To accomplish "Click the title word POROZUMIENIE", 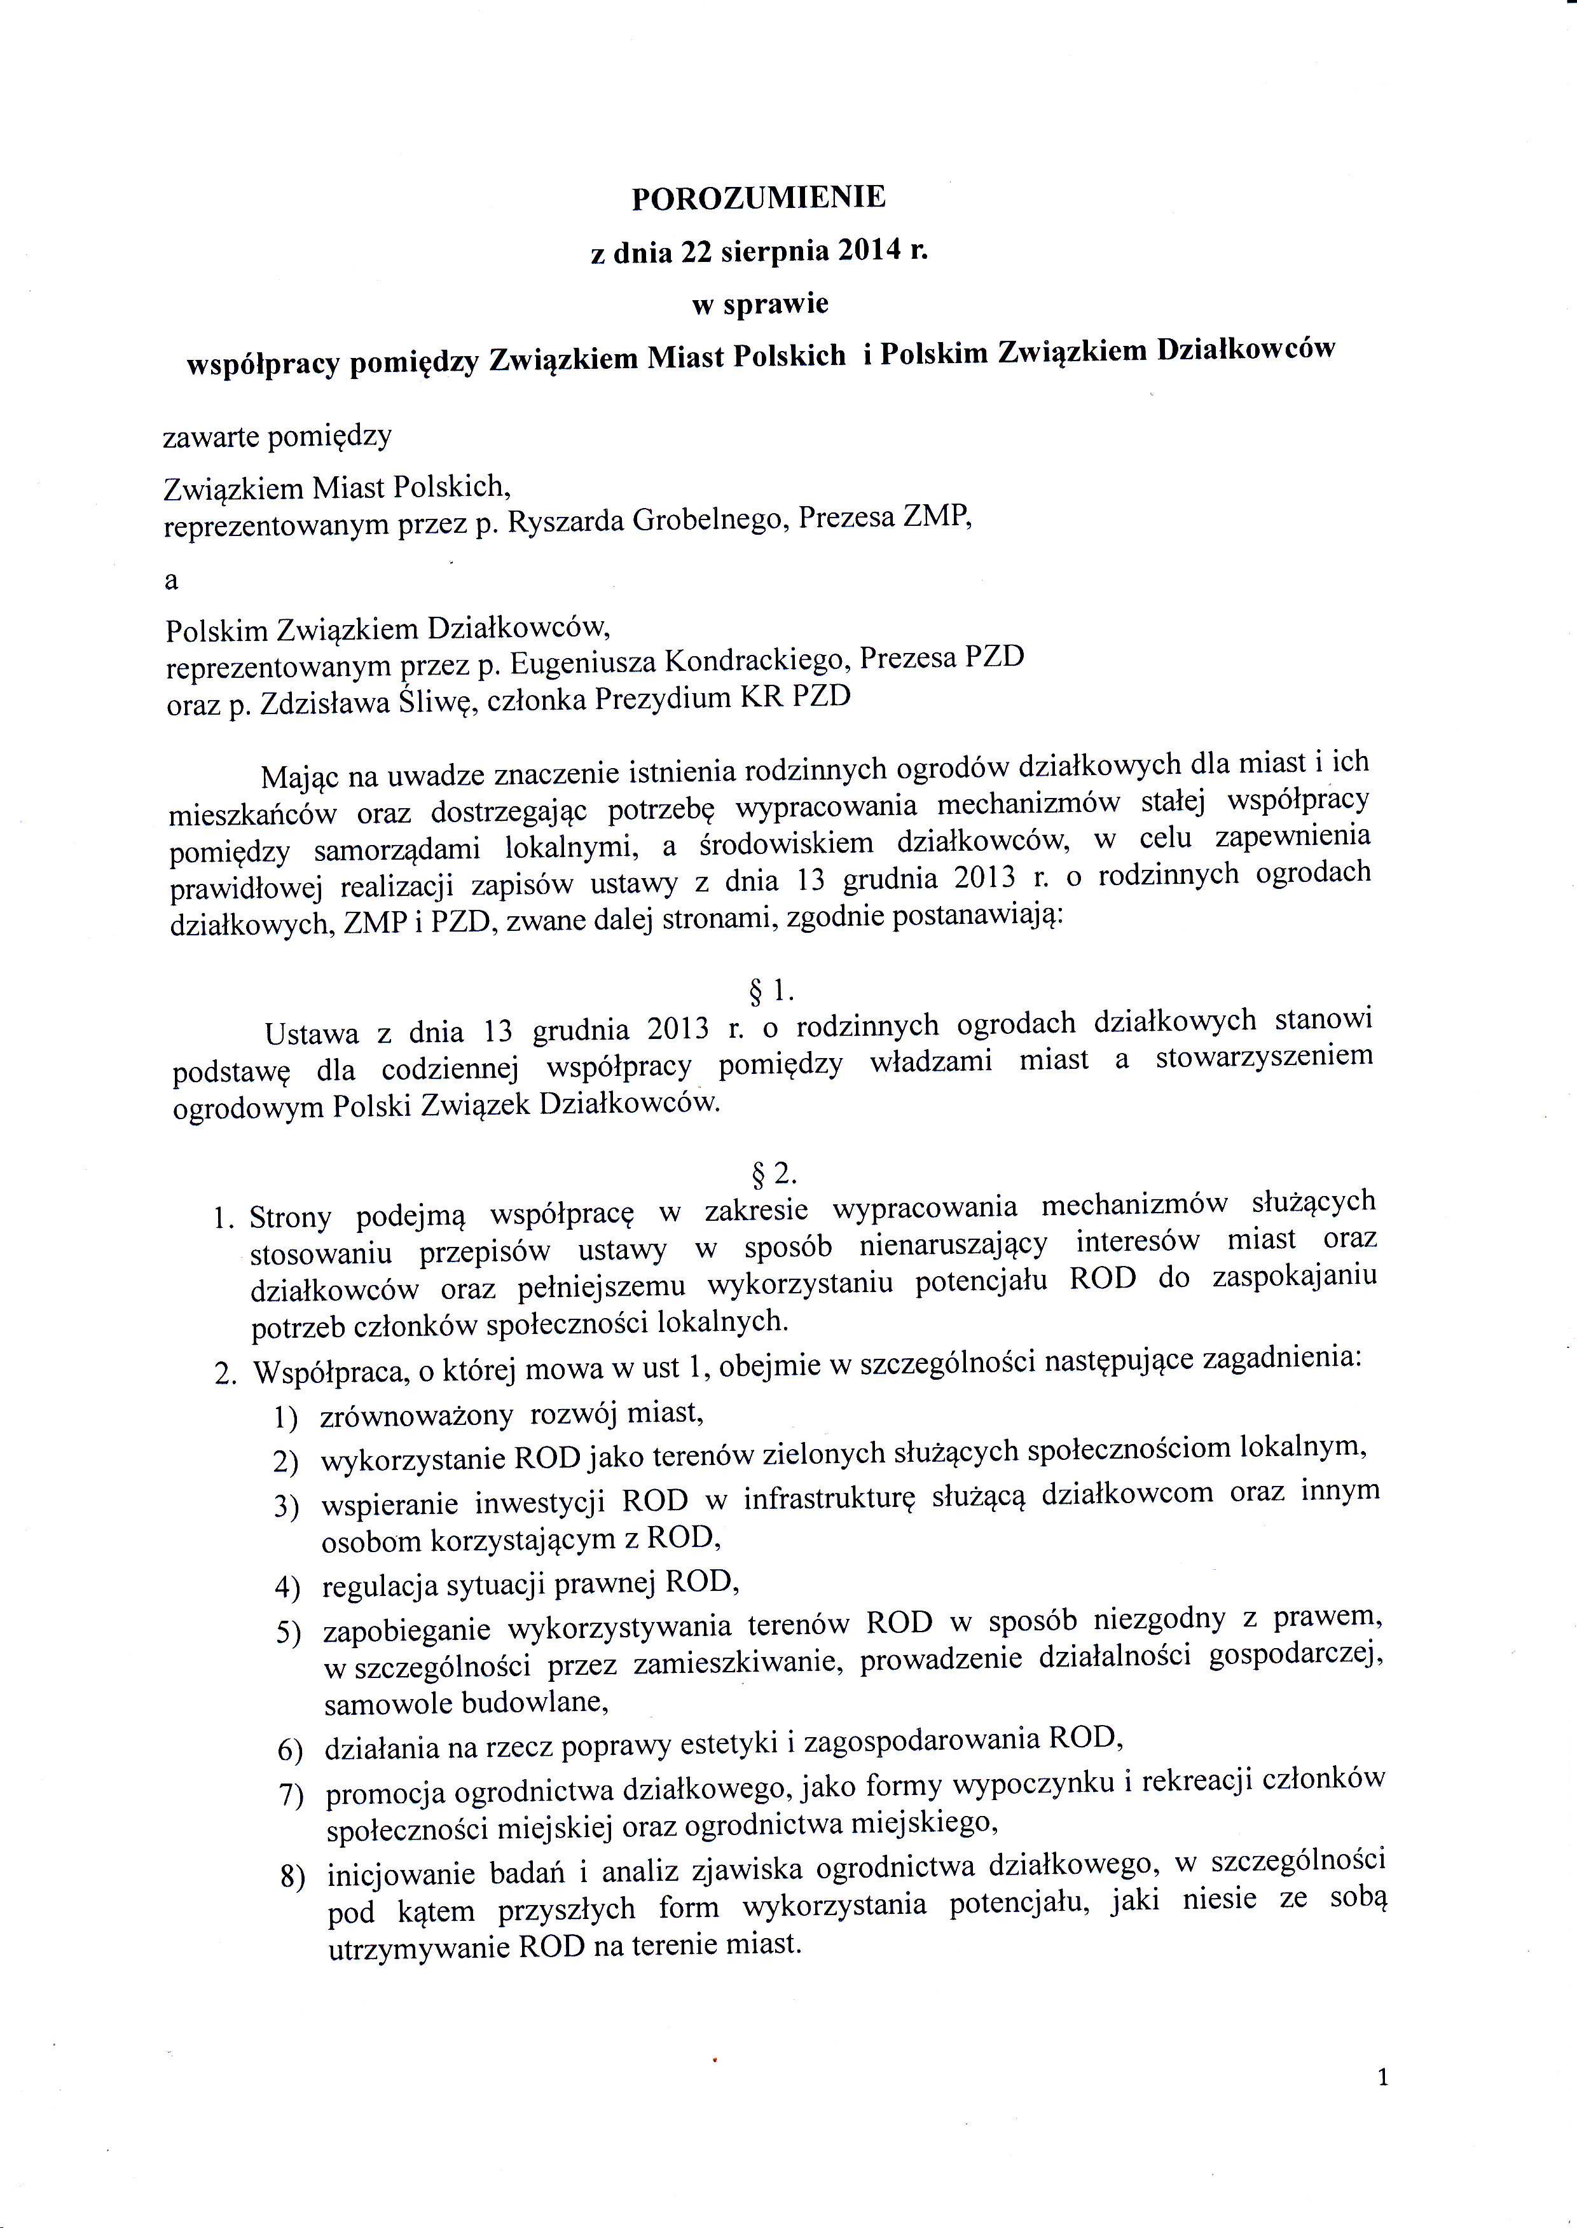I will pyautogui.click(x=759, y=197).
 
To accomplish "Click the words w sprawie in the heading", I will pyautogui.click(x=759, y=304).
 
